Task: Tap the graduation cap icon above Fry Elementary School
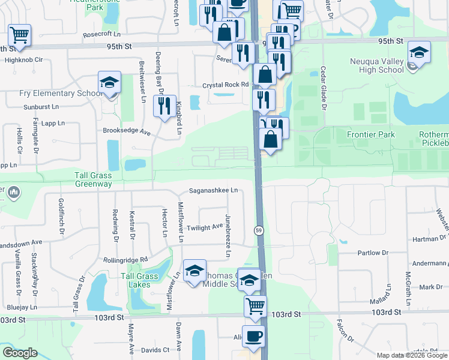tap(109, 83)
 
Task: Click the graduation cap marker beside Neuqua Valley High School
tap(418, 52)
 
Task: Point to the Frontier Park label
tap(370, 134)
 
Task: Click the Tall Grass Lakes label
tap(139, 280)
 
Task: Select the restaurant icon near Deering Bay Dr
tap(164, 106)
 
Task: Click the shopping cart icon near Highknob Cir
tap(20, 35)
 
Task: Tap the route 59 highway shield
tap(258, 230)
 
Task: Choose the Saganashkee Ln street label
tap(214, 190)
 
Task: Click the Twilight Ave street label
tap(205, 228)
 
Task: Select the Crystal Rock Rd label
tap(225, 85)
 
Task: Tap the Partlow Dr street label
tap(373, 253)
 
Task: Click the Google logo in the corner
tap(20, 352)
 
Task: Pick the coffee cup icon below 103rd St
tap(253, 336)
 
